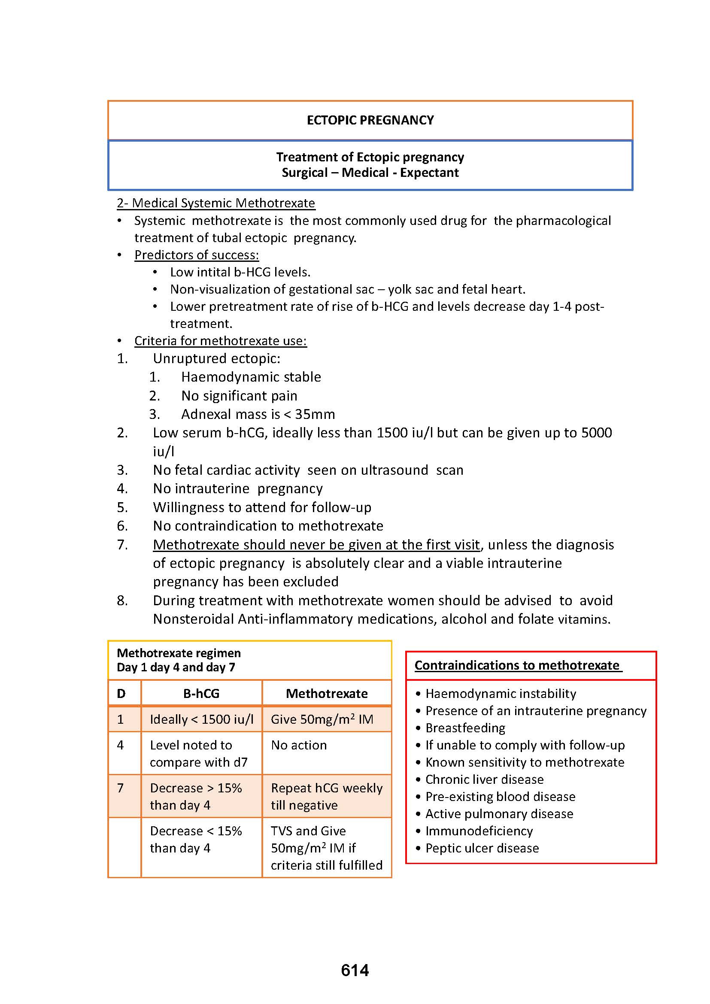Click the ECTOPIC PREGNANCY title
click(370, 120)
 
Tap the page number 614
click(355, 971)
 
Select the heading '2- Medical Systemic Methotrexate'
click(215, 203)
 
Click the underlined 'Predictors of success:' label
click(196, 255)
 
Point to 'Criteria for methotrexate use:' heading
click(220, 341)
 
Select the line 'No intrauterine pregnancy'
click(237, 488)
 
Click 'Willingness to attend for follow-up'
click(262, 507)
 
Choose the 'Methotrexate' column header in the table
click(327, 694)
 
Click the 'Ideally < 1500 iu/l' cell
click(202, 719)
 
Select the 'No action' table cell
click(299, 745)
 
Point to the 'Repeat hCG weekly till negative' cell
click(327, 796)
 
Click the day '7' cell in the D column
click(121, 788)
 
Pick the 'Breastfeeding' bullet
click(465, 728)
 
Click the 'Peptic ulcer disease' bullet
click(482, 848)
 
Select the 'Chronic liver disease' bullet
click(484, 780)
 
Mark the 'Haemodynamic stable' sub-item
click(251, 377)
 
